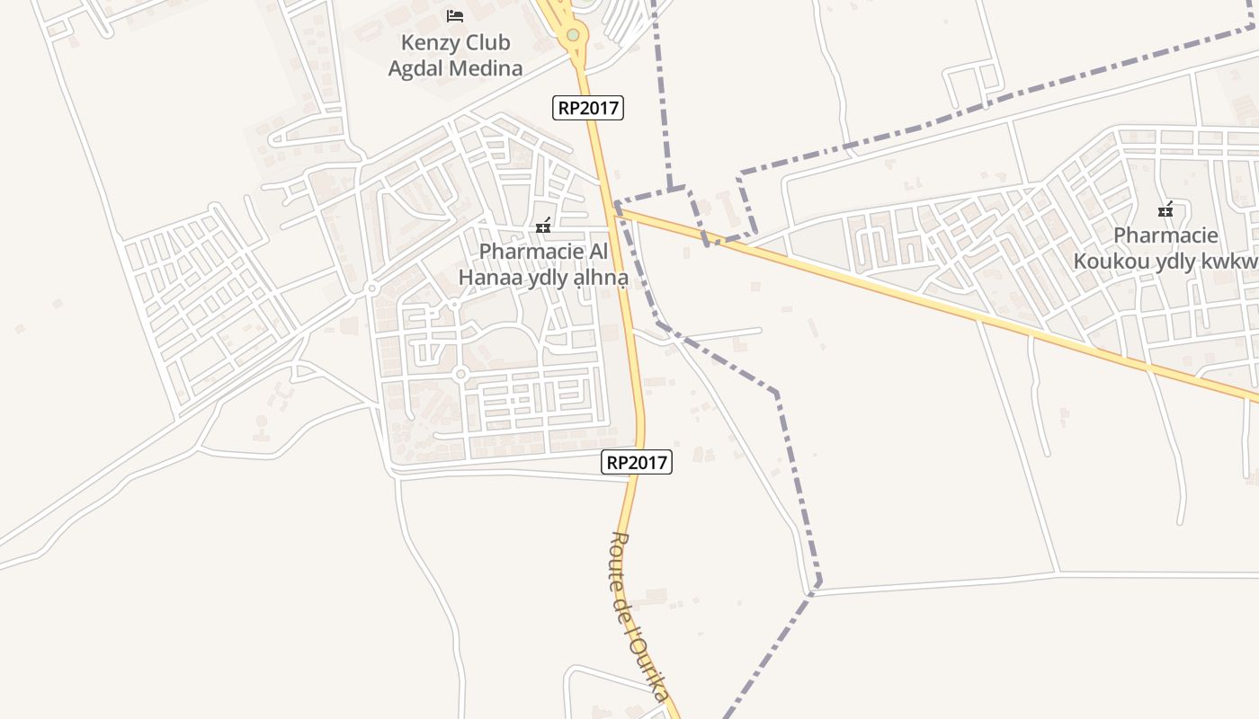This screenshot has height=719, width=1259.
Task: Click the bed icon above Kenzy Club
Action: (455, 16)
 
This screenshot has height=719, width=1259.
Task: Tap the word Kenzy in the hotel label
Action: (428, 43)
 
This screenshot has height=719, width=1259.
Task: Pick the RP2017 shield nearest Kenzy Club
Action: (587, 108)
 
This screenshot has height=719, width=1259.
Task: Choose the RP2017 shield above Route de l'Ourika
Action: (637, 462)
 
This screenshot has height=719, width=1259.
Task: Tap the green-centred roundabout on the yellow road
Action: (573, 35)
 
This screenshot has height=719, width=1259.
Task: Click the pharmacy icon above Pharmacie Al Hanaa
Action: (543, 226)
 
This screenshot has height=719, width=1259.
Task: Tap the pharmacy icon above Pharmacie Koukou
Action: (1166, 210)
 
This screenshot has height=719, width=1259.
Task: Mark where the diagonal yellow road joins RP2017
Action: (617, 209)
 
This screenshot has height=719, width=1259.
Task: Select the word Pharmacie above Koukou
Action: (1166, 235)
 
